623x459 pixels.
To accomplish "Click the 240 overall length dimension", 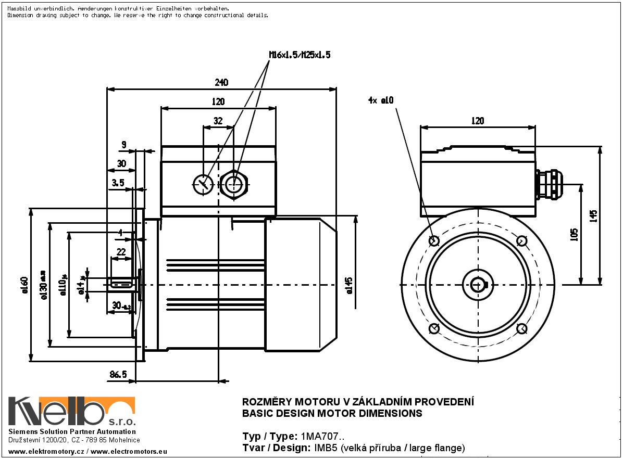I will (221, 83).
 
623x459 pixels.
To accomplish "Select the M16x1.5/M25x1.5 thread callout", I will (300, 54).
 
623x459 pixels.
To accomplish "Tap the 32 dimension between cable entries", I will (218, 121).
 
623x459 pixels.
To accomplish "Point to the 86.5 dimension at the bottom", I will (119, 374).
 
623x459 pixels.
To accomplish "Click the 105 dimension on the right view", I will (574, 234).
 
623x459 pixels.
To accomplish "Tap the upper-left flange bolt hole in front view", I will (434, 240).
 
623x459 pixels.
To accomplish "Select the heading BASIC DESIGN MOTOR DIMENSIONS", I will (332, 414).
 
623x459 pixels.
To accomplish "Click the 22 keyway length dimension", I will (121, 251).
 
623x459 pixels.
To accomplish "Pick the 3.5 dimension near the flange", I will (118, 183).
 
